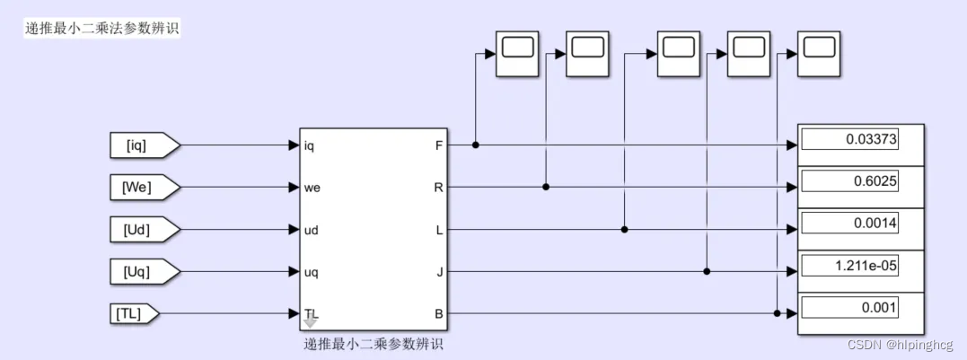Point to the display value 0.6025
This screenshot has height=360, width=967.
tap(850, 181)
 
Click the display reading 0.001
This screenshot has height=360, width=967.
tap(850, 307)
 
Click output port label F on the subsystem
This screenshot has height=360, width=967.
tap(439, 145)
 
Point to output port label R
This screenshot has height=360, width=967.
tap(438, 188)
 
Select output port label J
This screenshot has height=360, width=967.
tap(439, 271)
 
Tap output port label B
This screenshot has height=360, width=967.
tap(438, 313)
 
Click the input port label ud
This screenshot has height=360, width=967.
tap(312, 230)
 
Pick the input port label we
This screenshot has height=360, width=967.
tap(312, 188)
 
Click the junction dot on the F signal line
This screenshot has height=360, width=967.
tap(475, 145)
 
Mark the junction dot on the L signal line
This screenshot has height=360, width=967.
tap(625, 230)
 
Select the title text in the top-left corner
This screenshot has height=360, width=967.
tap(102, 28)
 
